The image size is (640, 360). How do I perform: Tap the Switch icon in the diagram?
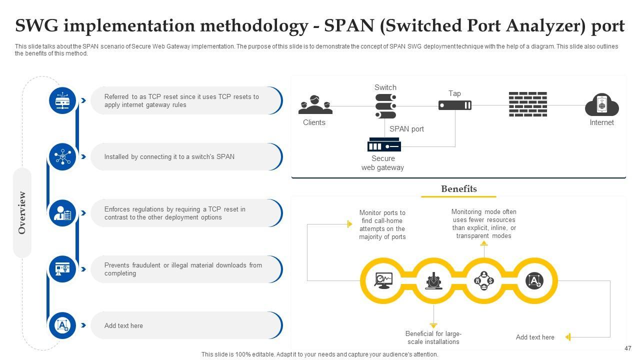tap(385, 105)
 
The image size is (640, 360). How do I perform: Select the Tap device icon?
tap(454, 105)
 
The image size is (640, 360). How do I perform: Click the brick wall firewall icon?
tap(527, 104)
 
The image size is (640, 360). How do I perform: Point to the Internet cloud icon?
tap(601, 105)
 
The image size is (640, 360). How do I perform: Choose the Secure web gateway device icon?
tap(383, 145)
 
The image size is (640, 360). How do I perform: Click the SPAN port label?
tap(406, 129)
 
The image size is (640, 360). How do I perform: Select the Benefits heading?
tap(458, 189)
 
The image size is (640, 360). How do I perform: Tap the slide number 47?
tap(628, 348)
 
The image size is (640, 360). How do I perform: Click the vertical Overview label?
tap(22, 212)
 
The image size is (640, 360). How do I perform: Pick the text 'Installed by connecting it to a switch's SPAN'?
tap(169, 157)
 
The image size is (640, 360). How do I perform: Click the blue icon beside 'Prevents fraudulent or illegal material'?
tap(62, 269)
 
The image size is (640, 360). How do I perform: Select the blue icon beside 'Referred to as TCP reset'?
tap(62, 100)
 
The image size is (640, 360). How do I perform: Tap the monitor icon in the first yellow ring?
tap(384, 280)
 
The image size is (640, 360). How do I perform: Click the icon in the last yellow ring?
tap(534, 280)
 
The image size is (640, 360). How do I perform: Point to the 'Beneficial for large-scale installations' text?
tap(433, 338)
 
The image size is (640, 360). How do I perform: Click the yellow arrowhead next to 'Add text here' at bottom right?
tap(568, 337)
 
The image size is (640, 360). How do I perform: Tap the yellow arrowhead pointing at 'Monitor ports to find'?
tap(349, 224)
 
